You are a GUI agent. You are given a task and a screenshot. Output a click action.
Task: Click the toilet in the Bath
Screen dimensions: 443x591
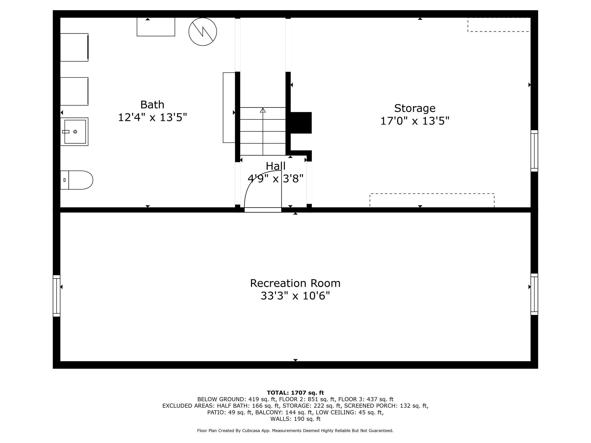pyautogui.click(x=78, y=180)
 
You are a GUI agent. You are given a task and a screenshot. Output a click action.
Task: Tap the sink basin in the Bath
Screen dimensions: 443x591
pyautogui.click(x=75, y=132)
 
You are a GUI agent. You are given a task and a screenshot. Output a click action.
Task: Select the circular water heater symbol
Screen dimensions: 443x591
pyautogui.click(x=202, y=32)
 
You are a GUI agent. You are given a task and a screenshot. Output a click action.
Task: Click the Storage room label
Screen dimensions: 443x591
pyautogui.click(x=415, y=108)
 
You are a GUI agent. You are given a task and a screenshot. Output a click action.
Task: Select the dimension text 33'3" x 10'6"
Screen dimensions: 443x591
pyautogui.click(x=295, y=296)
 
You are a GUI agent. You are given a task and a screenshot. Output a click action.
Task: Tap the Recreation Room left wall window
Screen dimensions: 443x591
pyautogui.click(x=56, y=296)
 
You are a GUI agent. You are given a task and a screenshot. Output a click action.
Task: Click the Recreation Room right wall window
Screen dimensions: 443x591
pyautogui.click(x=534, y=294)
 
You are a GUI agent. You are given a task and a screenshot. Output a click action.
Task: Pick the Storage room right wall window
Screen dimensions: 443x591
pyautogui.click(x=534, y=151)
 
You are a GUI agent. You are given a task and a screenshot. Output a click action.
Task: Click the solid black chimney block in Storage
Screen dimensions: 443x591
pyautogui.click(x=301, y=123)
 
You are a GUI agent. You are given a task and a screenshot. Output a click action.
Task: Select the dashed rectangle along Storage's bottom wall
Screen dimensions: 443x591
pyautogui.click(x=432, y=200)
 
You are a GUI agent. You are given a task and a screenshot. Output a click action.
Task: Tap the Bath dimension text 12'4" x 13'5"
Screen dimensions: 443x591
pyautogui.click(x=152, y=117)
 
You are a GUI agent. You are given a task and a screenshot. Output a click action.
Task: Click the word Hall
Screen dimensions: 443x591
pyautogui.click(x=275, y=166)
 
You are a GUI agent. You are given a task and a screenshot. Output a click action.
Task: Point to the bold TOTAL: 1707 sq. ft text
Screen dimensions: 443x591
pyautogui.click(x=295, y=392)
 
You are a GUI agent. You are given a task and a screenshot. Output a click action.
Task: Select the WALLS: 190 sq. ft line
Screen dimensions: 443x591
pyautogui.click(x=295, y=419)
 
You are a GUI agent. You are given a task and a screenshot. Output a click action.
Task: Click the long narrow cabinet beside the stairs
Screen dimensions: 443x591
pyautogui.click(x=229, y=108)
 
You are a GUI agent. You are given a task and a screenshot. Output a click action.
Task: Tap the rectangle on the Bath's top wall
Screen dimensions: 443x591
pyautogui.click(x=156, y=27)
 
